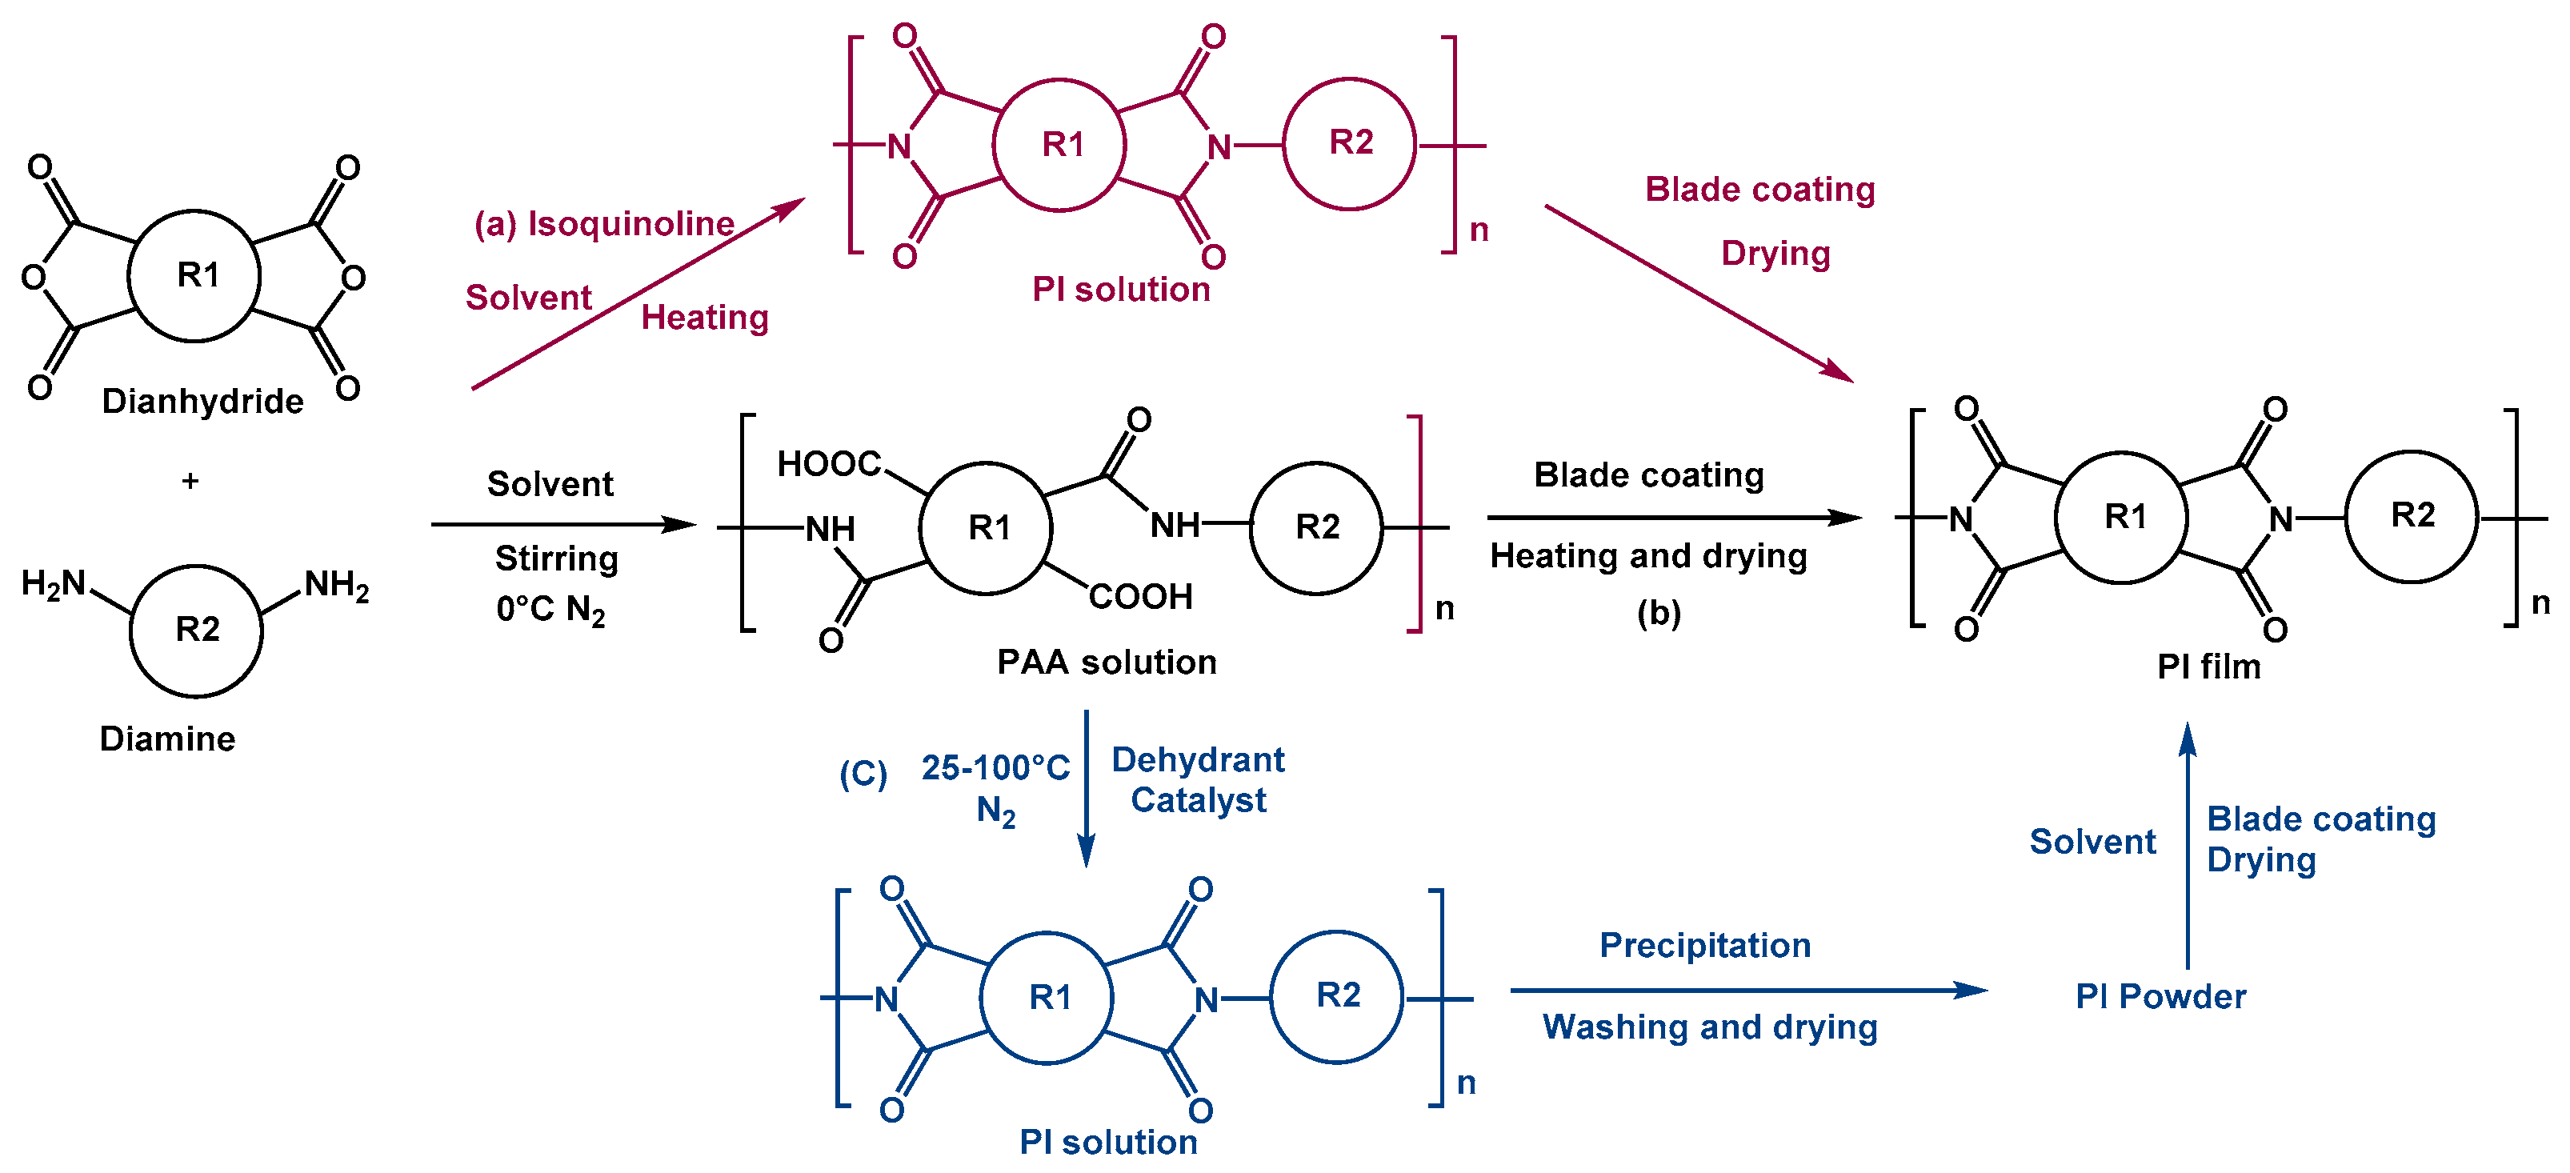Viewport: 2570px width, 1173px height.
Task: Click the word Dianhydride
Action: point(202,401)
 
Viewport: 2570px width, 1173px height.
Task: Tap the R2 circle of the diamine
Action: point(197,630)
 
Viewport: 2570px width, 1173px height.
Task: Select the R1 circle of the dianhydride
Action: point(195,275)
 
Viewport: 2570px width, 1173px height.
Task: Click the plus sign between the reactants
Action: point(190,481)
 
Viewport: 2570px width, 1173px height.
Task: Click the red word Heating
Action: point(704,317)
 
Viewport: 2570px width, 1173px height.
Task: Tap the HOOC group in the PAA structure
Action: point(829,464)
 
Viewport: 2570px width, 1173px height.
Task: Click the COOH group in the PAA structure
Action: point(1140,596)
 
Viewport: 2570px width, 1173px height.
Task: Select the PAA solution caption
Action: point(1107,663)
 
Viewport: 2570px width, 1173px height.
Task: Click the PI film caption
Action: point(2208,667)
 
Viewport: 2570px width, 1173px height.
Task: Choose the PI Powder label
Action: point(2160,996)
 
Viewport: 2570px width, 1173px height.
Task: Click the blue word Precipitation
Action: point(1705,946)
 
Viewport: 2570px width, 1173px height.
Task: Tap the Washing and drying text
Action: point(1710,1027)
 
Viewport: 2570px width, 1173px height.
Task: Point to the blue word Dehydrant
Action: point(1197,760)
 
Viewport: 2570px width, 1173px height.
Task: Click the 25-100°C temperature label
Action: point(995,768)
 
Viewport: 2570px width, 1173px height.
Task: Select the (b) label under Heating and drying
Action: point(1658,612)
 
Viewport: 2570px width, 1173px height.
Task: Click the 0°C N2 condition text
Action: point(550,608)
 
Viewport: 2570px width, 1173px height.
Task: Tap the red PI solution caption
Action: point(1120,290)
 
